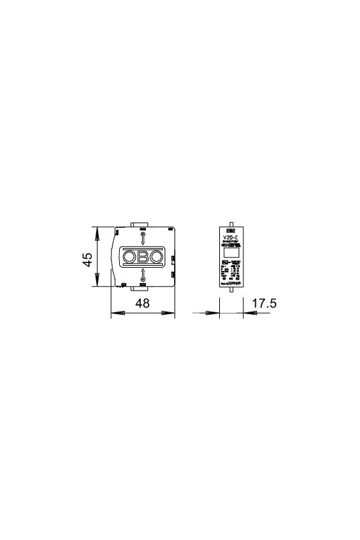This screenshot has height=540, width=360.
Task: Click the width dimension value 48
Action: point(143,304)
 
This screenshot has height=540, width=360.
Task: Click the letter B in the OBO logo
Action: point(143,257)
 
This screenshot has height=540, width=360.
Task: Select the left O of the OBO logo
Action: point(130,257)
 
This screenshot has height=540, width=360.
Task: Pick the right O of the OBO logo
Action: point(156,257)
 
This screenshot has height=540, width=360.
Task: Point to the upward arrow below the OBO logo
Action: point(143,275)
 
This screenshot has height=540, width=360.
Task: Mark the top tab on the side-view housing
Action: point(143,225)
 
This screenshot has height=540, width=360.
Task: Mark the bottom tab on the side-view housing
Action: point(143,289)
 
